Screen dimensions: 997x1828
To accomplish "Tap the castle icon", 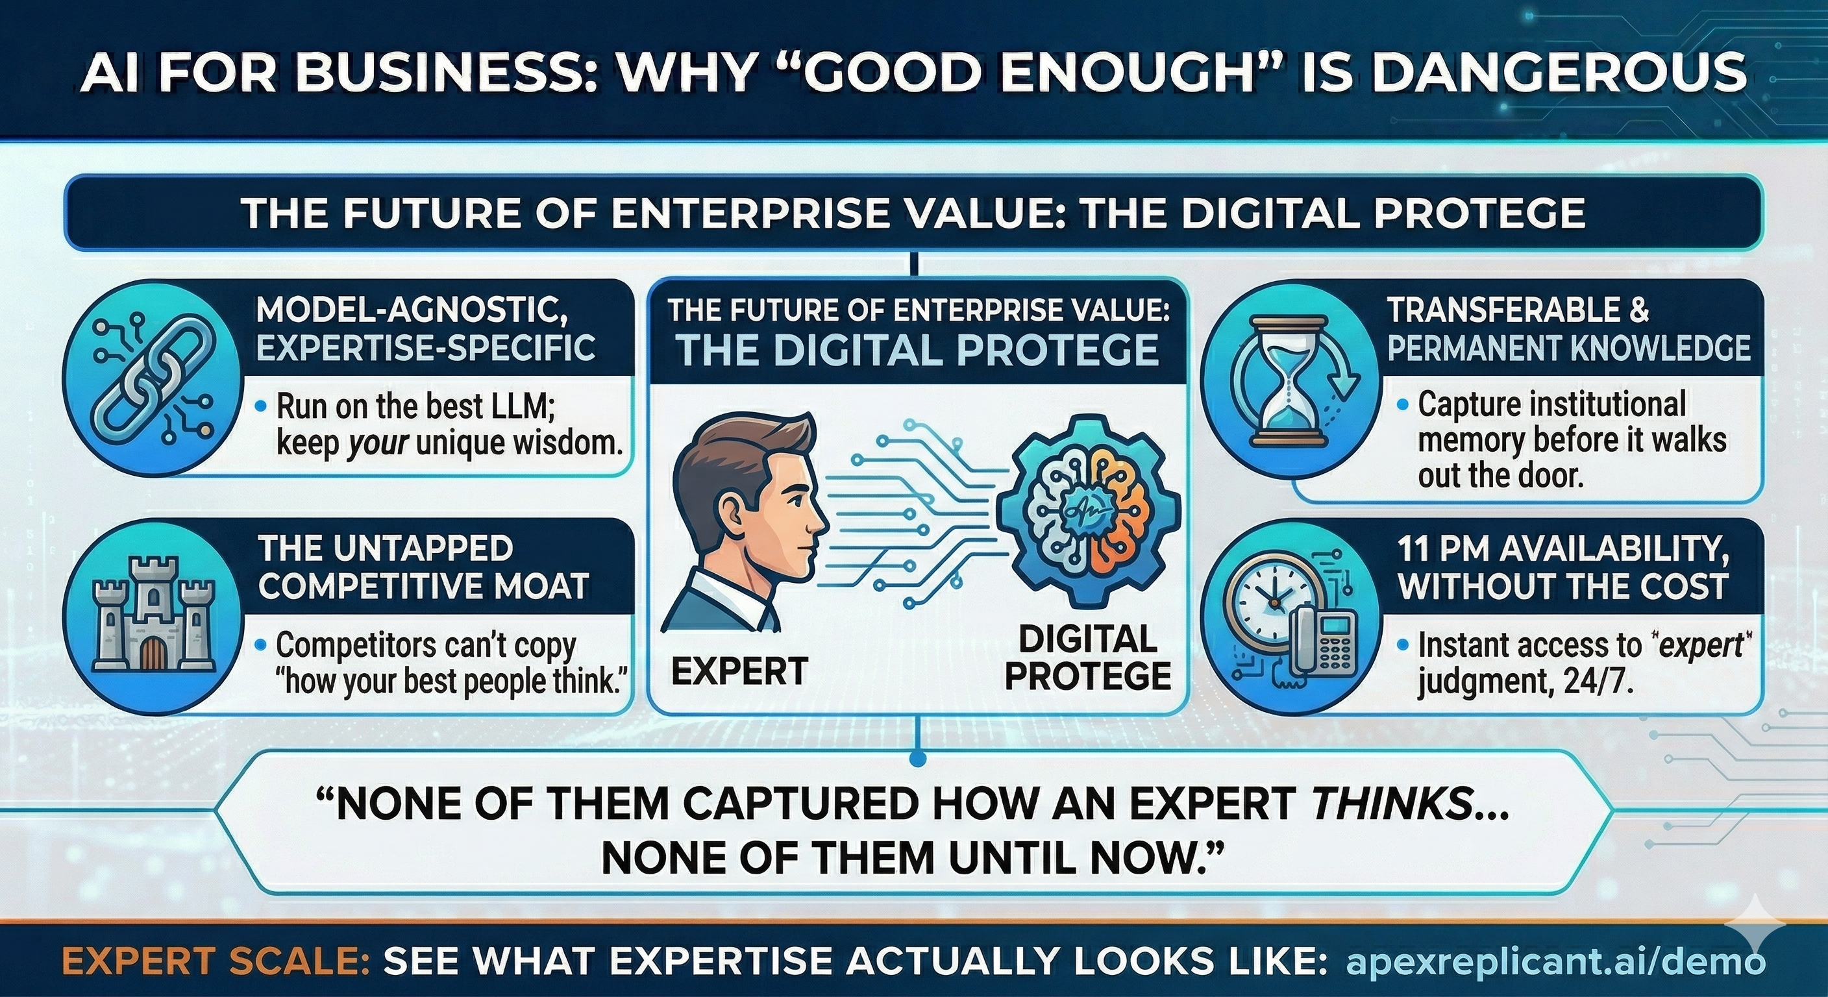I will [154, 617].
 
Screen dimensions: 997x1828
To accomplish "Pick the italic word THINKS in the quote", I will [1391, 804].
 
